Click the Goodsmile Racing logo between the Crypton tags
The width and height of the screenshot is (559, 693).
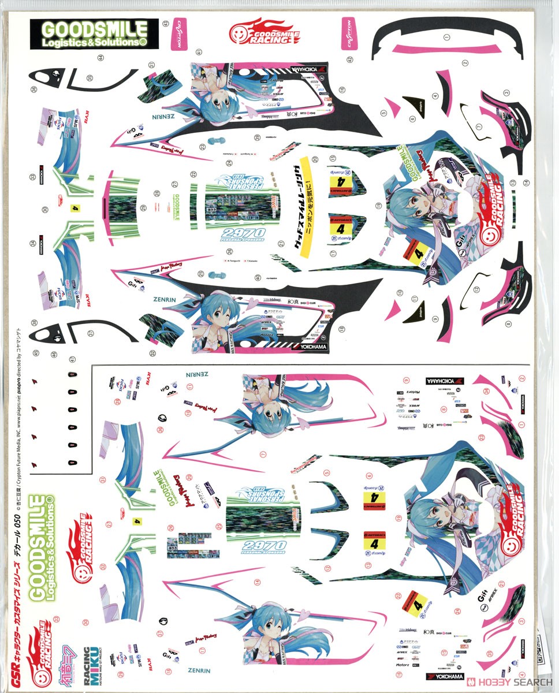click(264, 33)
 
